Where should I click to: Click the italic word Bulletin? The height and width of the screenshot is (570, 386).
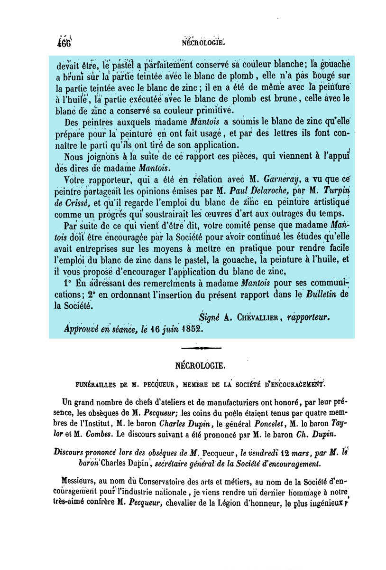click(320, 294)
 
